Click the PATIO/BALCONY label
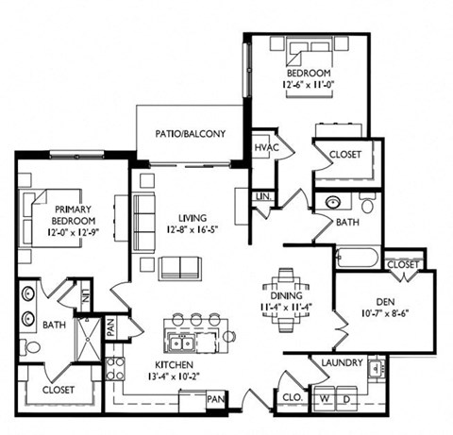(191, 134)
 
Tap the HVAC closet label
(266, 147)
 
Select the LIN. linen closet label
(263, 197)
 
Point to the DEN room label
(385, 302)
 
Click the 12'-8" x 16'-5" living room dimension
(193, 230)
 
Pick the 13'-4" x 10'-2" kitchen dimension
(174, 376)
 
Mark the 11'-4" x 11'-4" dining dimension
(286, 307)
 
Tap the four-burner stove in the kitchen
(114, 369)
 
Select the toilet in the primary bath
(29, 347)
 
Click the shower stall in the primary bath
(89, 340)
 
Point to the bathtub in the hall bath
(358, 258)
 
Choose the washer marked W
(324, 398)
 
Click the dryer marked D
(346, 398)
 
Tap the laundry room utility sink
(376, 367)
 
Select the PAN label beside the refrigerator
(215, 399)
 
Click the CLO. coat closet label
(293, 397)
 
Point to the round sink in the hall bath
(333, 202)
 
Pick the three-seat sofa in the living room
(144, 223)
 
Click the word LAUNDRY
(342, 362)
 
